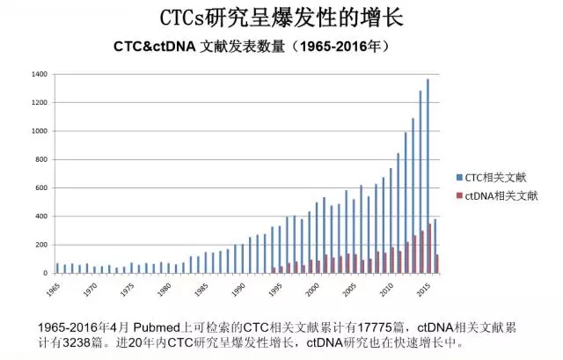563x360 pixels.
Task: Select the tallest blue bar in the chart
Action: coord(428,176)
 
